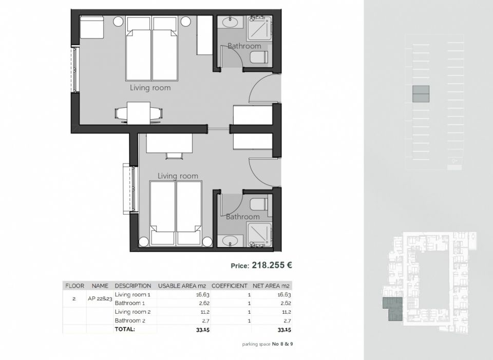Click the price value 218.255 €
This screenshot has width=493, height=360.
272,266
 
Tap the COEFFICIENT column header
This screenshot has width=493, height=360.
230,286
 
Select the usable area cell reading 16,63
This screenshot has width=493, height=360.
202,295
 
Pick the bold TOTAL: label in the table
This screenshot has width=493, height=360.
125,329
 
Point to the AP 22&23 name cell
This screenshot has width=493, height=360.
100,299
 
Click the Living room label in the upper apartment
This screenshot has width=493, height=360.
150,88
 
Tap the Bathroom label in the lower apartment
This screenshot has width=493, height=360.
243,217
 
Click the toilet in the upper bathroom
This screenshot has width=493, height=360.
259,57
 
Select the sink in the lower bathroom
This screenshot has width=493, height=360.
230,241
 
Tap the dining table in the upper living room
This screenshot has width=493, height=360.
139,113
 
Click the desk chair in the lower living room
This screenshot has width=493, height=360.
174,156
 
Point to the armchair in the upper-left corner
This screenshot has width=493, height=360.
91,27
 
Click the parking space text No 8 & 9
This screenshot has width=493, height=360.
282,344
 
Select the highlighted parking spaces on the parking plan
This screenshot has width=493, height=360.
421,93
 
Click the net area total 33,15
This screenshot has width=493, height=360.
284,330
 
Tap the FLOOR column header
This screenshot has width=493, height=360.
74,286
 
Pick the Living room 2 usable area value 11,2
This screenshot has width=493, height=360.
205,312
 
